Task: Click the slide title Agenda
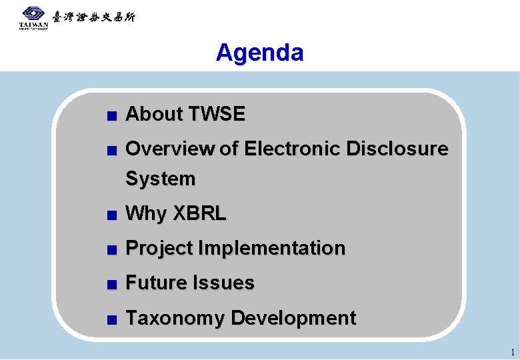(x=259, y=53)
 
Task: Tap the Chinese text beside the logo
(x=93, y=17)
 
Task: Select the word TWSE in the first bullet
(x=217, y=115)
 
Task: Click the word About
(x=154, y=115)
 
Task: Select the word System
(x=161, y=179)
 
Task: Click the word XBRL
(x=200, y=214)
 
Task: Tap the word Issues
(x=223, y=283)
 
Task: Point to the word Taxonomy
(x=175, y=319)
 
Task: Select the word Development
(x=293, y=319)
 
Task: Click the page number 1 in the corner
(x=511, y=352)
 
